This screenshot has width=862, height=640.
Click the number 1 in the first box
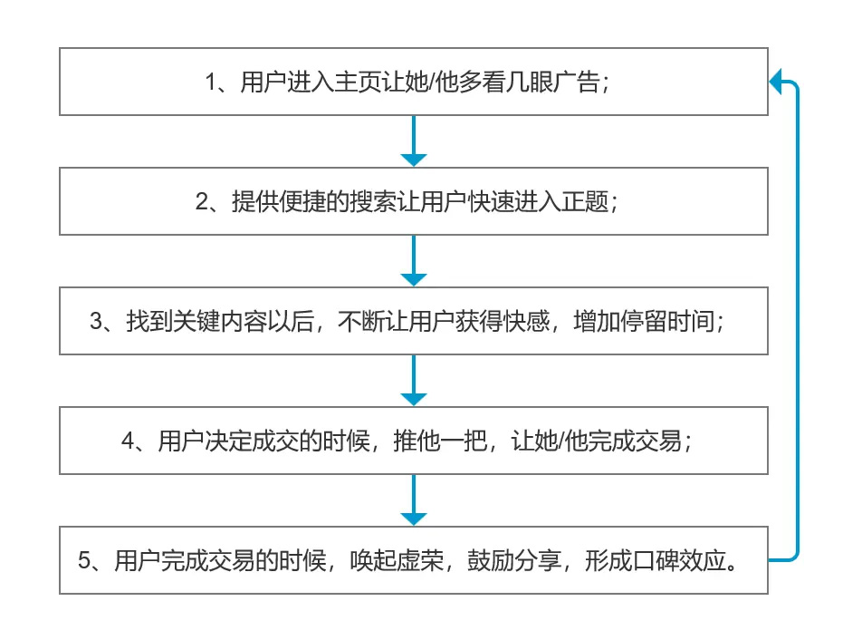(x=211, y=82)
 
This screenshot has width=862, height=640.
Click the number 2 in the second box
(x=202, y=202)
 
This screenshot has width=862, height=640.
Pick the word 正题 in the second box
(x=584, y=201)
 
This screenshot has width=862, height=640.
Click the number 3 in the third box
(x=96, y=322)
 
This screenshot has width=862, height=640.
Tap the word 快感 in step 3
(x=526, y=321)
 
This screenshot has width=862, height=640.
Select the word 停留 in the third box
(x=644, y=321)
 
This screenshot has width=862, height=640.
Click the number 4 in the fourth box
(x=128, y=441)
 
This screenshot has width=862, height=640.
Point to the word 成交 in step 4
(x=275, y=441)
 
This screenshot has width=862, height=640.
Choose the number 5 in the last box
(x=84, y=560)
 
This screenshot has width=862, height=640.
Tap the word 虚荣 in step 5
(x=420, y=560)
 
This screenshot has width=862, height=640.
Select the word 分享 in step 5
(x=538, y=560)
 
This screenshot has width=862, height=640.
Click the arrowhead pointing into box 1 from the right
(x=775, y=82)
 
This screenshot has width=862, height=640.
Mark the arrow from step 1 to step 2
(x=414, y=141)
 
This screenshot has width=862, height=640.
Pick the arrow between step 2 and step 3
(x=414, y=260)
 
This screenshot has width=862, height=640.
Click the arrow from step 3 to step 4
(x=414, y=380)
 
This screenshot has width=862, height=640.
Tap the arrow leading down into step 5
(x=414, y=499)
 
